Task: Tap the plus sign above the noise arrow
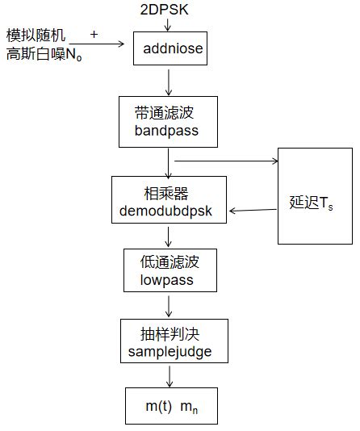point(95,35)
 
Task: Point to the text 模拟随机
point(36,36)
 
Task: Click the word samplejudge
point(170,351)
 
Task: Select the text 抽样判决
point(170,333)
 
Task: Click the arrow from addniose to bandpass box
point(169,82)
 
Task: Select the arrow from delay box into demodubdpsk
point(253,211)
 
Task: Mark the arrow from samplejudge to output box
point(170,376)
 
